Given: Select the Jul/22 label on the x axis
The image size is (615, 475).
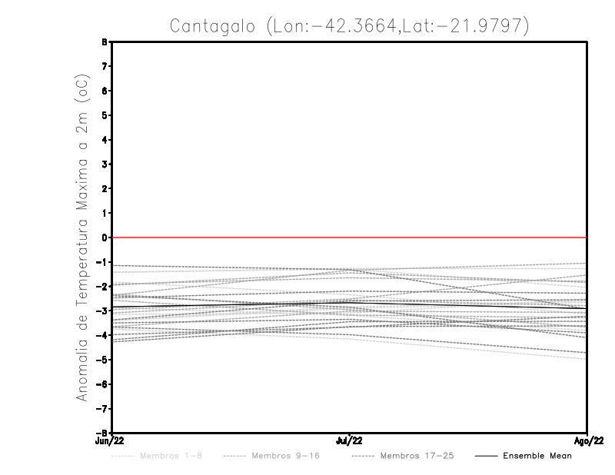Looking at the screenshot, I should tap(350, 440).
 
